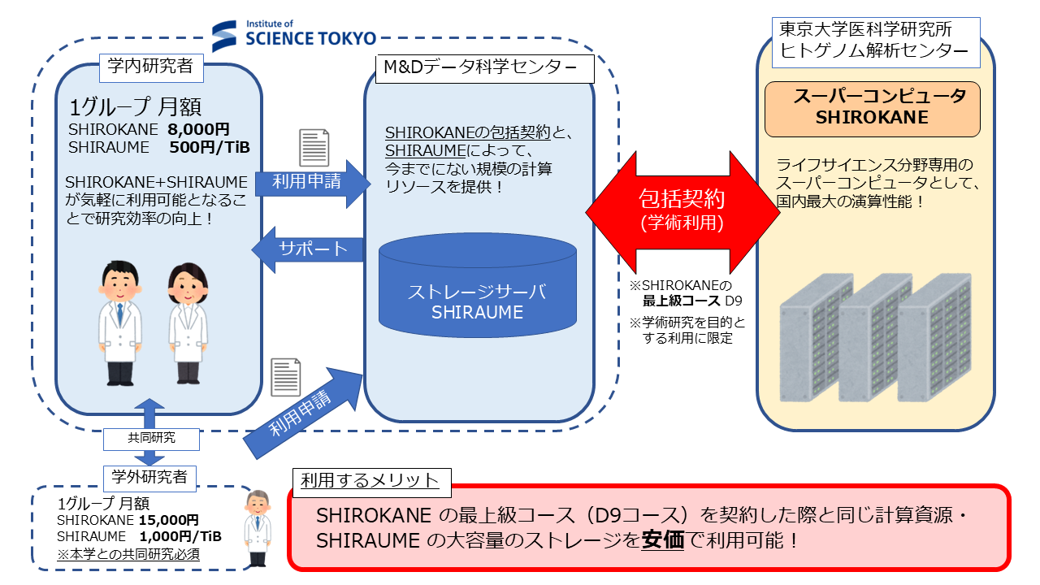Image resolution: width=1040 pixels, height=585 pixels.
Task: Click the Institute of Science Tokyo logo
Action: [x=294, y=34]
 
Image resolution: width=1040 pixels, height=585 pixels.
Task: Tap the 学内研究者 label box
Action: [x=150, y=67]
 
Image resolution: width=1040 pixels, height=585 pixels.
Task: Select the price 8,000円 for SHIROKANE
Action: [x=199, y=129]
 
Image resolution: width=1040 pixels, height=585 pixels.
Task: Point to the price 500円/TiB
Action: [x=210, y=147]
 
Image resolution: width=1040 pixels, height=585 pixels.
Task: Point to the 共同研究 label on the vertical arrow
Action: [x=151, y=438]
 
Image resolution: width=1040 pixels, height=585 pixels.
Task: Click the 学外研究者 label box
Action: [x=150, y=477]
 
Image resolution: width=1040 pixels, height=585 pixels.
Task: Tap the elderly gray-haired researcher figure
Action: [x=258, y=527]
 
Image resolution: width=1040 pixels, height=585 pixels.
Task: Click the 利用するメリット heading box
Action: [x=370, y=481]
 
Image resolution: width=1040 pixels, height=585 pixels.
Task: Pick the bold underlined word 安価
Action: [x=662, y=539]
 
